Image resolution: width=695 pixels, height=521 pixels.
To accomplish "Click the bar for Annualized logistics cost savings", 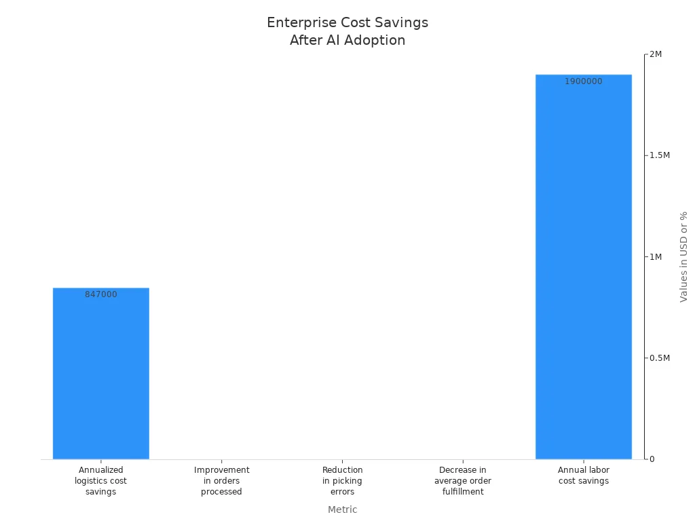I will coord(100,373).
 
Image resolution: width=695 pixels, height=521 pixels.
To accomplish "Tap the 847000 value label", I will coord(100,294).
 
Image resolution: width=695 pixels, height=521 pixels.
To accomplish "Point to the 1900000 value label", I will coord(583,81).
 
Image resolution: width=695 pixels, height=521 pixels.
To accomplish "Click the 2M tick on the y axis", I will coord(656,54).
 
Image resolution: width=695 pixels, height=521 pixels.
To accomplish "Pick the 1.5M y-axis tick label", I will coord(660,155).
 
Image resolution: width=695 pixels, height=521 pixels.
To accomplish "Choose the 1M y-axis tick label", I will coord(656,256).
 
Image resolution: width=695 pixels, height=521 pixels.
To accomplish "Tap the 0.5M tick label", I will coord(660,358).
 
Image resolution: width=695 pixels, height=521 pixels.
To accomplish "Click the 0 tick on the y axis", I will coord(652,459).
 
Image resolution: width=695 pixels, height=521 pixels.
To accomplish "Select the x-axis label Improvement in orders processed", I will coord(221,480).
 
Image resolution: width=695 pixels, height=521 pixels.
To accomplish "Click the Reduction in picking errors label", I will coord(342,480).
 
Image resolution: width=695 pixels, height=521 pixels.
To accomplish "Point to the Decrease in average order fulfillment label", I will coord(463,480).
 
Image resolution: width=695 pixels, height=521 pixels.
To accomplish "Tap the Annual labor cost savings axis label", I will coord(583,475).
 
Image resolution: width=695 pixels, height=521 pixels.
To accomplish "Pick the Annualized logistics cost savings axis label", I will coord(100,480).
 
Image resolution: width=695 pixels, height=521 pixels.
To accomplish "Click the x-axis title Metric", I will coord(342,509).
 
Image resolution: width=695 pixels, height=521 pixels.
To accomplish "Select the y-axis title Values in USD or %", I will coord(683,256).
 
